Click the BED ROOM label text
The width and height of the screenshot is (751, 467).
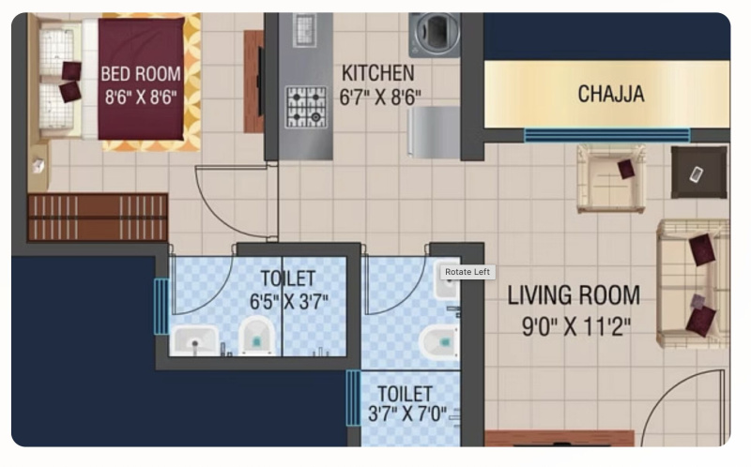point(141,74)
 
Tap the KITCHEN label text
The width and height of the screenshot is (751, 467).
point(378,73)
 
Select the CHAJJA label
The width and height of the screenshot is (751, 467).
point(611,94)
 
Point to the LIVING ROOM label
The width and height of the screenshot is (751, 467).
point(574,295)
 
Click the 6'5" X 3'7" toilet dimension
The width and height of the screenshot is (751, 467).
point(289,302)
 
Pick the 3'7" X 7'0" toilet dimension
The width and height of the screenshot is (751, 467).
point(407,414)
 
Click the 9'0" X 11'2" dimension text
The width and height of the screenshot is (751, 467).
point(576,328)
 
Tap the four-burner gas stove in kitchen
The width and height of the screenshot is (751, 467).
point(306,107)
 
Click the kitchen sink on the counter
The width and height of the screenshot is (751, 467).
point(304,30)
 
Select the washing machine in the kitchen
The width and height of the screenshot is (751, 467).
point(435,35)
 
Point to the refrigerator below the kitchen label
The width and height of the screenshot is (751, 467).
point(434,132)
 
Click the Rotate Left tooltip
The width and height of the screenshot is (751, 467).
point(467,272)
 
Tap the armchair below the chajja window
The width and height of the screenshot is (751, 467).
point(611,178)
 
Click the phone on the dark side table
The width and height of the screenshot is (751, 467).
point(696,174)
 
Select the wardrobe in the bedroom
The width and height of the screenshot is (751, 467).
point(98,217)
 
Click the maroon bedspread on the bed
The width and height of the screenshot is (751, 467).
point(142,79)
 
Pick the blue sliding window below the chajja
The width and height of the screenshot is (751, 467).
point(607,135)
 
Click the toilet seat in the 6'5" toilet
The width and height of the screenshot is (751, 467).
point(256,336)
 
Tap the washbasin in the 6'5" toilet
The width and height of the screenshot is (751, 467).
point(194,340)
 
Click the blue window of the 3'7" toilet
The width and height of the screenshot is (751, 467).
point(354,399)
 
